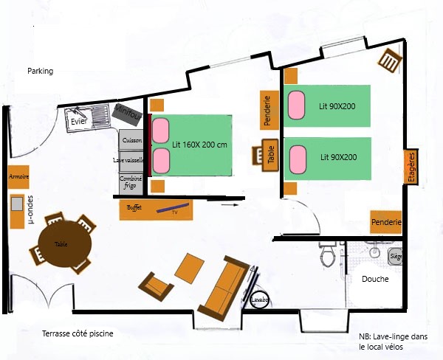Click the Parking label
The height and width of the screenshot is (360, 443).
coord(41,71)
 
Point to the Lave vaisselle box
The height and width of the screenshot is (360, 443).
coord(131,160)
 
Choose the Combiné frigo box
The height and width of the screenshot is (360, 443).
coord(131,182)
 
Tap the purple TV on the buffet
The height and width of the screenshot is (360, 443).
coord(174,208)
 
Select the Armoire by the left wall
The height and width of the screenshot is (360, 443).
coord(19,178)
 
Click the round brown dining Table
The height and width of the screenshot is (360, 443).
coord(62,243)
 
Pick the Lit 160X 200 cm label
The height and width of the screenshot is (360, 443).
coord(199,145)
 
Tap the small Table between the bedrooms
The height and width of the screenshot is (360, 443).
coord(269,154)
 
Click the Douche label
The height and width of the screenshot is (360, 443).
coord(375,280)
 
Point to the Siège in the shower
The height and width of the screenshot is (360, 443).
coord(395,256)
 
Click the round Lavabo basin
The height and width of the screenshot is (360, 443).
coord(259,300)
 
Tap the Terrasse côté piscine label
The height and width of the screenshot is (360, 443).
coord(78,334)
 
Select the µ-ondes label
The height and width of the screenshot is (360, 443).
coord(30,209)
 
